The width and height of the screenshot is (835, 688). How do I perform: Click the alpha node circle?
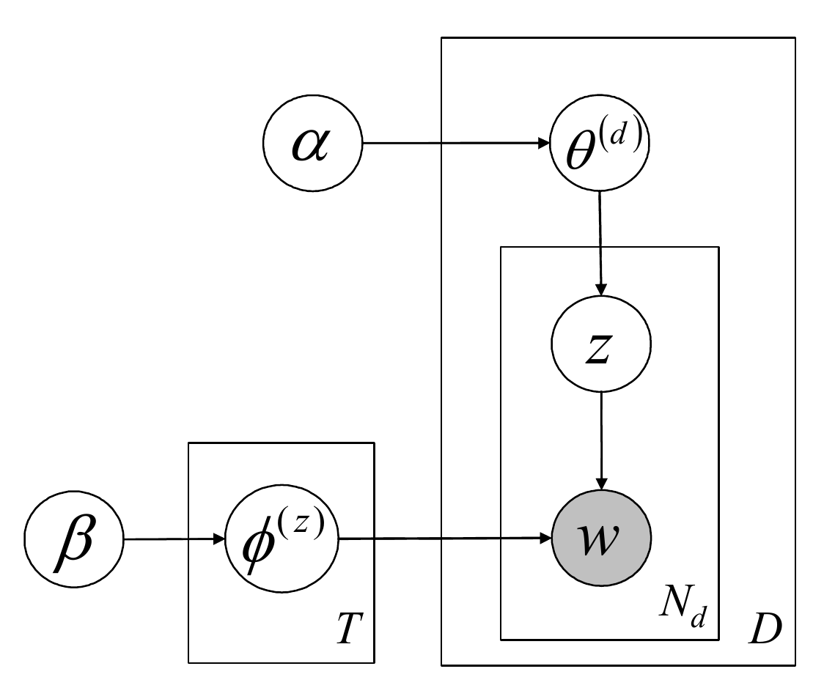(x=312, y=143)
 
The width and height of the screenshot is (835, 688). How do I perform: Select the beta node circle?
(x=75, y=540)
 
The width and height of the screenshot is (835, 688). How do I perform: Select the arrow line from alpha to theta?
(x=455, y=143)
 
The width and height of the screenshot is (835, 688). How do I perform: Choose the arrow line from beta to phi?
(x=172, y=540)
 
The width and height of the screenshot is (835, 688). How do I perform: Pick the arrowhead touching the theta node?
(x=543, y=143)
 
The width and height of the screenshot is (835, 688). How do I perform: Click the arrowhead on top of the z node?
(x=600, y=286)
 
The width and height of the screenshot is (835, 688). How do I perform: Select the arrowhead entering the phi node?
(x=218, y=540)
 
